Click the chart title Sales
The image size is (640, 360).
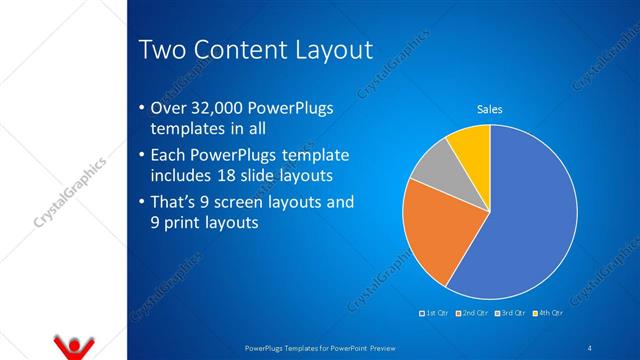coord(489,109)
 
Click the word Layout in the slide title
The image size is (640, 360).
coord(325,49)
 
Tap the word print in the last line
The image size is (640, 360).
coord(182,223)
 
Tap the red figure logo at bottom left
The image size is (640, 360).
coord(72,346)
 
